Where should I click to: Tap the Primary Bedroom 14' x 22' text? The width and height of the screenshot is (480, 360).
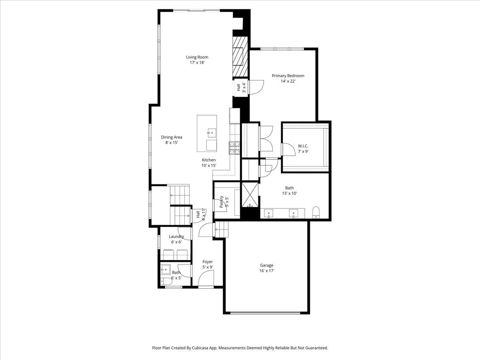(x=288, y=78)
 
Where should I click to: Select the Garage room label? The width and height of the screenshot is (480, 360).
(x=266, y=268)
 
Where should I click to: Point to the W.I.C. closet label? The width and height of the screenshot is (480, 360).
(x=303, y=148)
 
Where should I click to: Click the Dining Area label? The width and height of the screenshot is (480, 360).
(x=172, y=140)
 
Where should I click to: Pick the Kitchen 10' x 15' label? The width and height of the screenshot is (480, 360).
(x=208, y=162)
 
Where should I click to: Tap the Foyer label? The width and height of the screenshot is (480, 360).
(x=208, y=264)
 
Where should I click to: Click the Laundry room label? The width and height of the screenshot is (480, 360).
(x=176, y=239)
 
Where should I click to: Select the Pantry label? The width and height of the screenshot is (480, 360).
(x=224, y=201)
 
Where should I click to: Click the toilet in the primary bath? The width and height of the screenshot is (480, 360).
(x=316, y=212)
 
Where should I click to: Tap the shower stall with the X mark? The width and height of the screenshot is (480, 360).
(x=250, y=194)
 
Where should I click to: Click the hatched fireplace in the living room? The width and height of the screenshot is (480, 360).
(x=240, y=56)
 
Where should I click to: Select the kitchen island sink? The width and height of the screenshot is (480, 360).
(x=211, y=132)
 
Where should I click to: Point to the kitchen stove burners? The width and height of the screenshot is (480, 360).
(x=234, y=148)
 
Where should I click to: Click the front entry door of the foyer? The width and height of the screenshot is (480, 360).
(x=206, y=279)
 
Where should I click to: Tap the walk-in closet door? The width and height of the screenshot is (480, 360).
(x=286, y=149)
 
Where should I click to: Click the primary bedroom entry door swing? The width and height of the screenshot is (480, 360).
(x=256, y=87)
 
